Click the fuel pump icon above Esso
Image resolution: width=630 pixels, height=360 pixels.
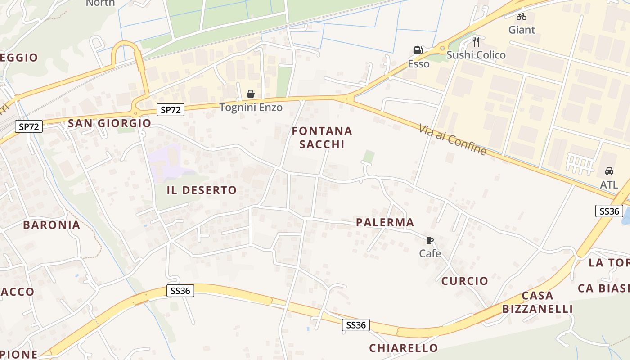click(x=418, y=50)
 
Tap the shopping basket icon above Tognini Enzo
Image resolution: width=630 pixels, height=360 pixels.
click(x=251, y=94)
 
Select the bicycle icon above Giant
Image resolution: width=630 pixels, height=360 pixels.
click(x=522, y=17)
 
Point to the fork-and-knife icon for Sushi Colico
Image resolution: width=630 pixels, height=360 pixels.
click(x=476, y=42)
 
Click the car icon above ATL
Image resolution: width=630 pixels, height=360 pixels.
click(x=609, y=171)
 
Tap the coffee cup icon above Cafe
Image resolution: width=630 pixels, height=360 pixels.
click(x=430, y=240)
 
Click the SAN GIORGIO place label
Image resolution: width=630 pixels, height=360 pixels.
click(x=109, y=123)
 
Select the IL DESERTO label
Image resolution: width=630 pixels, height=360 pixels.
click(x=202, y=190)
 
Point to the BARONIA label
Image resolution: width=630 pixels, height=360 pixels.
click(x=51, y=225)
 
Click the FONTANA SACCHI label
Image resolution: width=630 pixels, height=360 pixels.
click(x=322, y=138)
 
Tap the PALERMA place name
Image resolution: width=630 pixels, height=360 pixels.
click(x=385, y=222)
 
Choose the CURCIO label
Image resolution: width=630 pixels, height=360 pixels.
click(x=464, y=281)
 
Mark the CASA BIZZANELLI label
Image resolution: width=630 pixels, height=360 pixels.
click(x=537, y=302)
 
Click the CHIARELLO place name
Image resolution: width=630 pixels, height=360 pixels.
click(x=403, y=348)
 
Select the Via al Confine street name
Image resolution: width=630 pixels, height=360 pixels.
click(x=452, y=140)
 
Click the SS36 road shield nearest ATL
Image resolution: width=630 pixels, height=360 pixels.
click(x=609, y=211)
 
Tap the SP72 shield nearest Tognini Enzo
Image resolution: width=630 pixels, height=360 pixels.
click(x=171, y=109)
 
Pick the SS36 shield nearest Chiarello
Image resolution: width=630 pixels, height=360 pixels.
click(x=355, y=325)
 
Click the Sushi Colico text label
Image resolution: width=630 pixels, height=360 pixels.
click(x=476, y=55)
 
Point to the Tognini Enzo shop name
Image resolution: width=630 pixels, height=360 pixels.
click(x=251, y=108)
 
